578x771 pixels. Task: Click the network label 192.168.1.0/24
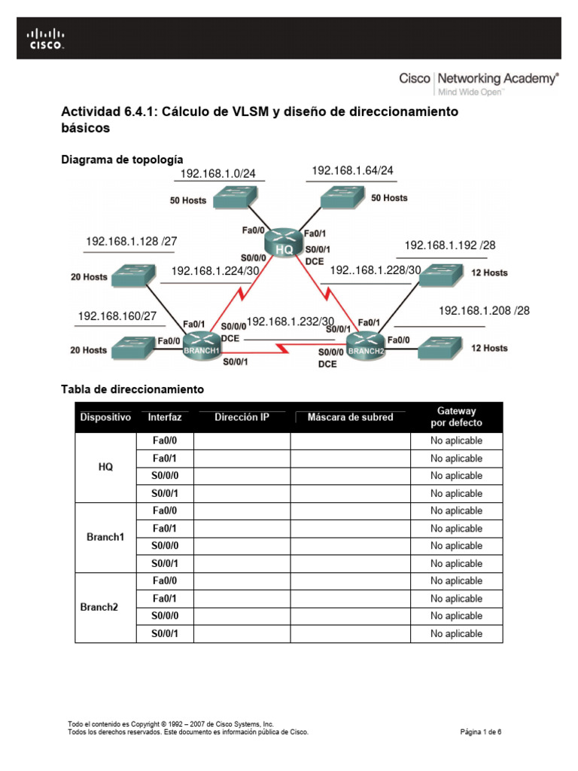coord(218,174)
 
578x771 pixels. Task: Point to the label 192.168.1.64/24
coord(352,171)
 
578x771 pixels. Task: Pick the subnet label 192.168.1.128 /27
coord(132,242)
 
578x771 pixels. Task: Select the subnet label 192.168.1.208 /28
coord(484,310)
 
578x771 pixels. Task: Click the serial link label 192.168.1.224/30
coord(216,271)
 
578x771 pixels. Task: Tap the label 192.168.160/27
coord(117,316)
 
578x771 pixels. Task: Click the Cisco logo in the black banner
coord(46,38)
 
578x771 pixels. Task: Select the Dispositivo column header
coord(105,417)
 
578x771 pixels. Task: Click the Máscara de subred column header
coord(350,417)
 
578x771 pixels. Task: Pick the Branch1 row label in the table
coord(105,538)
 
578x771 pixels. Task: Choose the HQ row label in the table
coord(105,467)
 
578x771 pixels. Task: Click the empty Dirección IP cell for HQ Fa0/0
coord(242,441)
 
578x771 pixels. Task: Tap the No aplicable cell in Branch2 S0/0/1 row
coord(456,634)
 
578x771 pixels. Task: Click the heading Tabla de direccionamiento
coord(132,389)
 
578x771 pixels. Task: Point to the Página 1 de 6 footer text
coord(480,731)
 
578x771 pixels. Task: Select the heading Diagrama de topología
coord(122,160)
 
